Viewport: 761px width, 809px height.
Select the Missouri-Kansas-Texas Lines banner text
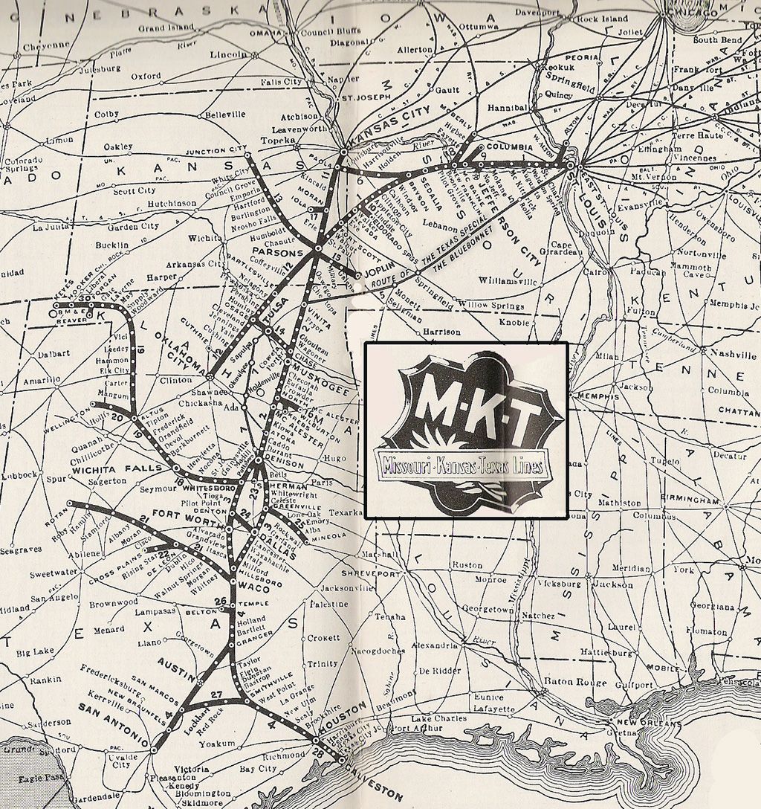[462, 466]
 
